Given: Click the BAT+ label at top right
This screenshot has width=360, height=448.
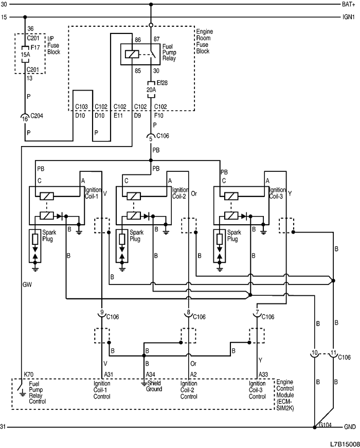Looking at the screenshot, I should pos(348,4).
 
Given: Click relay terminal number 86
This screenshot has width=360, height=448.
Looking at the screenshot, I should pos(137,39).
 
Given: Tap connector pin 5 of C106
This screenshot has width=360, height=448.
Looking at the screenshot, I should pos(151,138).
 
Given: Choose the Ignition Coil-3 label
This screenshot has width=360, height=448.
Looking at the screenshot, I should pos(278,193).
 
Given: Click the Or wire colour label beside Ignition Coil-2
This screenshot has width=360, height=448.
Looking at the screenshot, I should pos(194,194).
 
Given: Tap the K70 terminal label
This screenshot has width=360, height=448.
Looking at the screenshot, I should pos(28,374).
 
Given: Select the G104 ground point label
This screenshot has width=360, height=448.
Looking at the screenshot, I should pos(325,425).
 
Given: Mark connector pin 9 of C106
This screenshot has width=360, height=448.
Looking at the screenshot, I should pos(102,312).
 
